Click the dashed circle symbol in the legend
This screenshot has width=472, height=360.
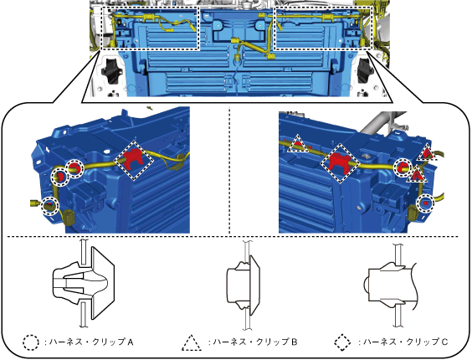tap(31, 342)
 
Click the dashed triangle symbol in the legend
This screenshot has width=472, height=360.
tap(192, 342)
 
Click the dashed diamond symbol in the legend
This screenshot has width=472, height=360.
tap(342, 342)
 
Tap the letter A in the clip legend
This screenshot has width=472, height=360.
tap(131, 342)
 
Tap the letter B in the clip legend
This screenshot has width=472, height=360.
tap(294, 342)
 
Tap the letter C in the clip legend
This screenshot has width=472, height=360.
tap(445, 342)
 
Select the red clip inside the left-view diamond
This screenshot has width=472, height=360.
tap(132, 159)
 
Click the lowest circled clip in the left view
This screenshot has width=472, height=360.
tap(49, 206)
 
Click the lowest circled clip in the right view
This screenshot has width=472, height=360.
tap(425, 203)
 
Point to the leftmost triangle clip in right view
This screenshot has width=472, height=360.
tap(297, 144)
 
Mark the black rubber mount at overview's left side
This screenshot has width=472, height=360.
tap(110, 70)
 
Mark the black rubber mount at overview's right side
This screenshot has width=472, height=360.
tap(365, 71)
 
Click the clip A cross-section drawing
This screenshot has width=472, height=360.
tap(84, 283)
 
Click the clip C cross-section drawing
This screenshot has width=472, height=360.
tap(389, 285)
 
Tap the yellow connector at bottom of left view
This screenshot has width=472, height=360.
tap(69, 217)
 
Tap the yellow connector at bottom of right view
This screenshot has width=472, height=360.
tap(412, 213)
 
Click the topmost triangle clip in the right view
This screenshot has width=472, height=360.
tap(428, 152)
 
